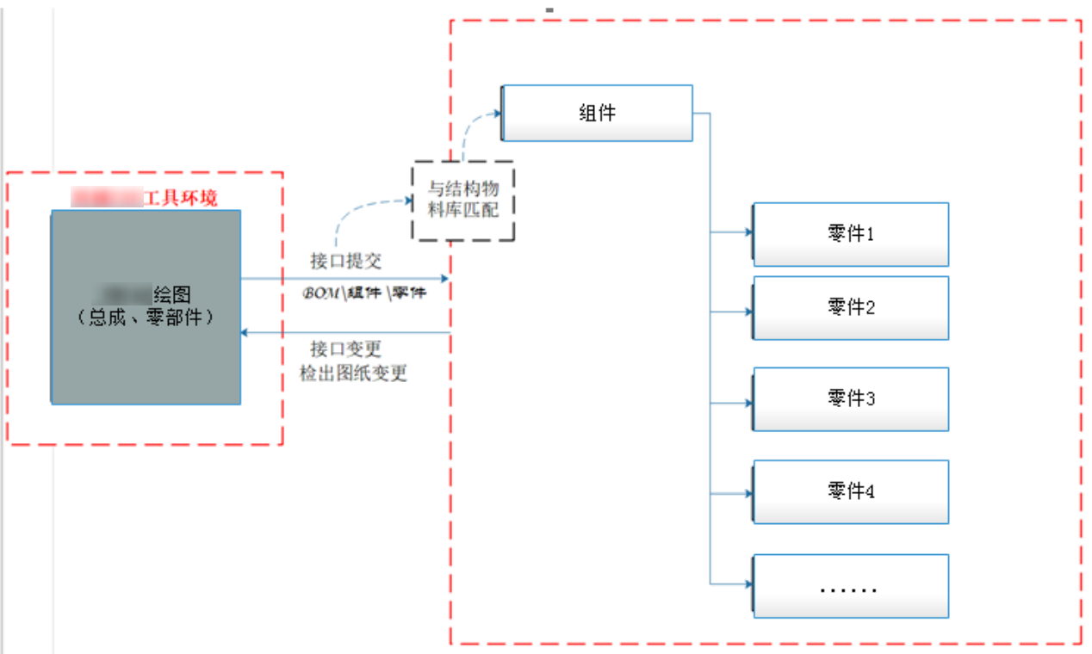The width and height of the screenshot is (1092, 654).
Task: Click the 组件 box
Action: point(597,113)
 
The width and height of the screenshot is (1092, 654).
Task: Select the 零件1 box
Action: point(851,234)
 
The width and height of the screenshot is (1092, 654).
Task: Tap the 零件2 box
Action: point(851,307)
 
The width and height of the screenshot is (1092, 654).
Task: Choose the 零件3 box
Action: point(851,399)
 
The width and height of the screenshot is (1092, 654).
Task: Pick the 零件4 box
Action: point(851,491)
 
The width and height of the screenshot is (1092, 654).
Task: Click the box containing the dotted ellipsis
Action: point(851,586)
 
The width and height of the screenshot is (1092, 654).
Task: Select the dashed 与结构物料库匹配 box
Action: point(463,200)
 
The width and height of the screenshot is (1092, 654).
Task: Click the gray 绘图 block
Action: point(146,307)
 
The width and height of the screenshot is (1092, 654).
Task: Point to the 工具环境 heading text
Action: point(180,199)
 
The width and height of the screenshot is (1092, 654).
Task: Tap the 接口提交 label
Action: point(345,261)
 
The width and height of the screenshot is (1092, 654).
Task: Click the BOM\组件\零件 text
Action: point(363,293)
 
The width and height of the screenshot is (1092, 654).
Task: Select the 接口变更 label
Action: point(345,349)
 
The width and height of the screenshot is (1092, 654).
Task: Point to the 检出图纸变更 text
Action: point(353,373)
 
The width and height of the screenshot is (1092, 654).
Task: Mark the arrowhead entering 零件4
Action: point(748,494)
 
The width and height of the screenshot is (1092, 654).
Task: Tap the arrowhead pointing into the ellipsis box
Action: point(748,584)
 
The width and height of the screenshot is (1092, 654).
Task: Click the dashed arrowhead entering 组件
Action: point(496,113)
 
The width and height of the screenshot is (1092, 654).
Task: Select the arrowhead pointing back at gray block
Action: point(245,332)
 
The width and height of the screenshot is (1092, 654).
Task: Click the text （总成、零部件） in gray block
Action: point(146,317)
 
